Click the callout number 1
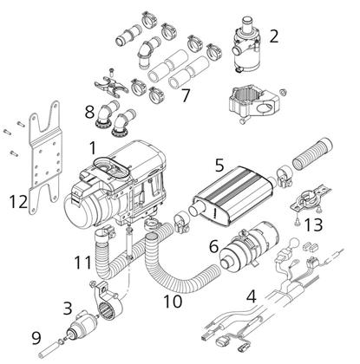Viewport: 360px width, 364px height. click(x=93, y=148)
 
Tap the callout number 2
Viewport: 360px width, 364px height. click(x=274, y=36)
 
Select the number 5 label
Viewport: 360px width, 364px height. click(x=219, y=166)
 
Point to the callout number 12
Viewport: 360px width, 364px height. click(x=18, y=202)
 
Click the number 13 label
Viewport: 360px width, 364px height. click(x=313, y=225)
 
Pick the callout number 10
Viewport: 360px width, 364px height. click(x=173, y=302)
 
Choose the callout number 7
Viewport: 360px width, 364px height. click(x=186, y=95)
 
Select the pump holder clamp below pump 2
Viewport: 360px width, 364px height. click(x=254, y=103)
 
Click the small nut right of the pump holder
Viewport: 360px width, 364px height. click(x=283, y=93)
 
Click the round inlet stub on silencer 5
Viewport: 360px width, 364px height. click(x=195, y=209)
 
